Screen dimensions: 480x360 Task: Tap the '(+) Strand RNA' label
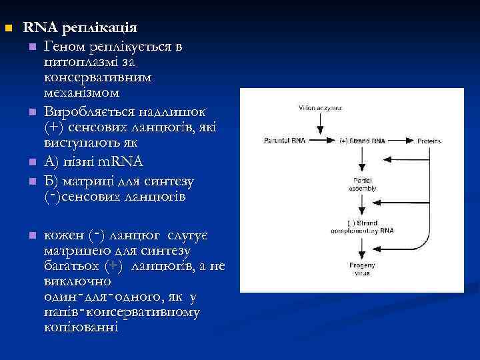coord(361,141)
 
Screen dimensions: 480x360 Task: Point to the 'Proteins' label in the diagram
coord(429,141)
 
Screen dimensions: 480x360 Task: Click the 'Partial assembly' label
coord(361,184)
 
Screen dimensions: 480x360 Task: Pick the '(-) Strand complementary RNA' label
coord(361,227)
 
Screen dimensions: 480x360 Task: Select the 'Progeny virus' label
coord(361,270)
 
